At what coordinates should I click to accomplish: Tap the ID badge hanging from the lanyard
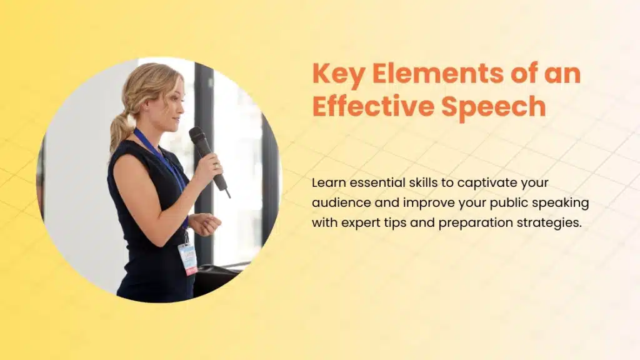tap(187, 257)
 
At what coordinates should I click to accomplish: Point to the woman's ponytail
tap(120, 128)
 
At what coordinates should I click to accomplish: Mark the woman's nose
tap(183, 105)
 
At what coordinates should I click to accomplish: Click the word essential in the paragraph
tap(380, 184)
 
